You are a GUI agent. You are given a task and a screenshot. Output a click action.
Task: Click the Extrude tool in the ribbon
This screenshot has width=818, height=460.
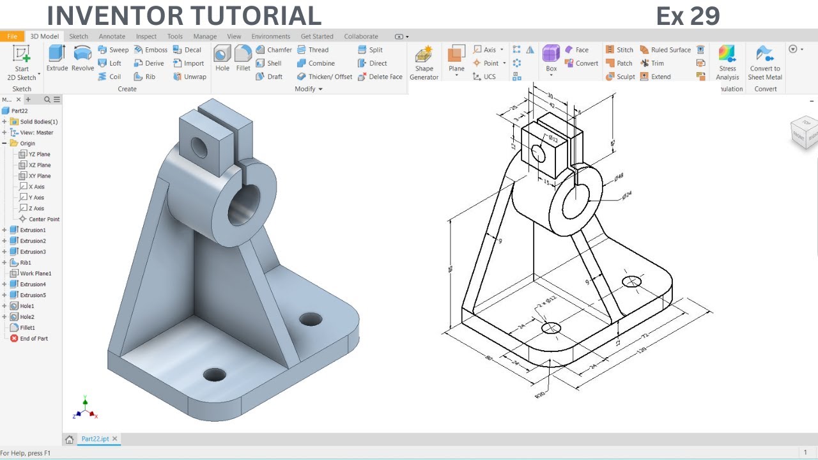57,58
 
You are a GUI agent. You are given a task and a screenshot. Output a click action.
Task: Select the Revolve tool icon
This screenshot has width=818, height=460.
82,58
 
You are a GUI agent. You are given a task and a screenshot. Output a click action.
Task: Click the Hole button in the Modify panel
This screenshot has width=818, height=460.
222,58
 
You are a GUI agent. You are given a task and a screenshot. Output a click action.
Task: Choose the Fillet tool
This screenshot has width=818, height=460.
243,58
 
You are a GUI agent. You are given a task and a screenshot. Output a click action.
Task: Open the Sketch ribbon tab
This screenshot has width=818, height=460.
79,36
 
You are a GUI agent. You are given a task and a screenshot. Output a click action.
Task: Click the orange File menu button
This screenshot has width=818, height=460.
12,36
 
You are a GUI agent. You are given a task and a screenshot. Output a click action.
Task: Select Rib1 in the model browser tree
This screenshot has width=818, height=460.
25,263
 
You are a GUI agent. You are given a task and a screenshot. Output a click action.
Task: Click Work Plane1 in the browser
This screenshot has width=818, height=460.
35,273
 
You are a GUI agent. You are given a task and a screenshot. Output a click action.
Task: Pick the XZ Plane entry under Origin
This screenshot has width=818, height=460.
39,165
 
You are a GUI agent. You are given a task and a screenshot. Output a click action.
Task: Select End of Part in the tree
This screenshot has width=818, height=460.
33,339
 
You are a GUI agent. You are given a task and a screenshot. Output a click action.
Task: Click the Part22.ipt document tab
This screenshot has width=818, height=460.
95,439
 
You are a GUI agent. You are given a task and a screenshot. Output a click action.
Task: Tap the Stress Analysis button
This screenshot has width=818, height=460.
727,63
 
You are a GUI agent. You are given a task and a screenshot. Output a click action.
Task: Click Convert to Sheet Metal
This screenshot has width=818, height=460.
765,63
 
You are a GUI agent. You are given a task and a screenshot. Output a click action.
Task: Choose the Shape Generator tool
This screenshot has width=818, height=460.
424,63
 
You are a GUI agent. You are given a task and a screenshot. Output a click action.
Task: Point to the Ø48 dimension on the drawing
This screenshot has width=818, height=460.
619,177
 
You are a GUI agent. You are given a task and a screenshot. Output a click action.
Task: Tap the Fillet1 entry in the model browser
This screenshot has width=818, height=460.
27,328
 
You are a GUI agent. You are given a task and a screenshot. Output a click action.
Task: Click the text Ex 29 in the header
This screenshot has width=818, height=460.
688,16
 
